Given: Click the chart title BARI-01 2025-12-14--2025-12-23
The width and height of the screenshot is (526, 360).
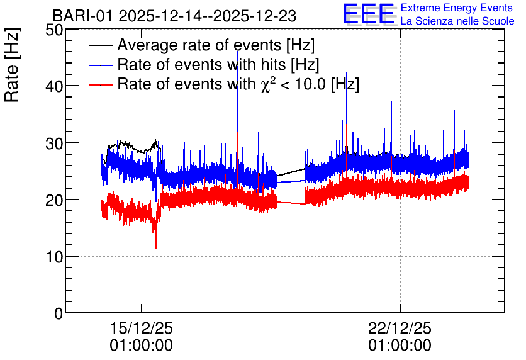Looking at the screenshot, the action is click(x=174, y=16).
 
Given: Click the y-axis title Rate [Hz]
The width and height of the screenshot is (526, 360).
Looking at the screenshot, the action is click(x=12, y=65).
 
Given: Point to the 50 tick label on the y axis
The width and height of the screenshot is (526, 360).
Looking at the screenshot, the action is click(x=54, y=30).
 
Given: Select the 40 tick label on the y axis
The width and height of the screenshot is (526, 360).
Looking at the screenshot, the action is click(x=54, y=87).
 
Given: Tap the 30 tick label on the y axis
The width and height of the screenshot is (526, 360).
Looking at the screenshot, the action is click(x=54, y=143).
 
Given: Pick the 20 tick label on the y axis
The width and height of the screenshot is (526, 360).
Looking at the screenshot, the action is click(x=54, y=200).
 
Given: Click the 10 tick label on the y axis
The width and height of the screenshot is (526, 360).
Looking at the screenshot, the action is click(x=54, y=257).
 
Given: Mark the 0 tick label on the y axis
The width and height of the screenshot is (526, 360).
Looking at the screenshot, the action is click(x=59, y=313).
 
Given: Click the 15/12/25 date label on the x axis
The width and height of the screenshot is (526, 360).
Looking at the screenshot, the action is click(x=141, y=328).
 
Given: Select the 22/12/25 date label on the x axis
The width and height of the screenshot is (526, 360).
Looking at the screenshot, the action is click(x=400, y=328).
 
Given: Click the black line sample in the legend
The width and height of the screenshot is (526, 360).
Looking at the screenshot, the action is click(x=100, y=45).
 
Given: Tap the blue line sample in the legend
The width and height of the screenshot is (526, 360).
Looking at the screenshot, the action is click(x=100, y=65).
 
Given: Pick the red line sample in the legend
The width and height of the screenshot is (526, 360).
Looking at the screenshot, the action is click(x=100, y=84).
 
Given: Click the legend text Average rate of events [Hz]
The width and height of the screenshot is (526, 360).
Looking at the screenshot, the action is click(x=216, y=45).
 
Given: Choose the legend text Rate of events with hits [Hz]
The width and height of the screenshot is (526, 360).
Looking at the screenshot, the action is click(x=218, y=64).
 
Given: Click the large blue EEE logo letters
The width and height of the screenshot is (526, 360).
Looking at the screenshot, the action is click(x=369, y=14).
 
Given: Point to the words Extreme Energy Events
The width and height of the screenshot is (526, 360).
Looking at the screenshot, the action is click(x=457, y=8).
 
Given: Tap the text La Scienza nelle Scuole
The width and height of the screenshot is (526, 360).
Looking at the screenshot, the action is click(x=457, y=21).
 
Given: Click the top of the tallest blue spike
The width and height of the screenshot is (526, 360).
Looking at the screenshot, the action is click(x=237, y=51).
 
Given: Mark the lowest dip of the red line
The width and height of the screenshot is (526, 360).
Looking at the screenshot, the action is click(x=155, y=249).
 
